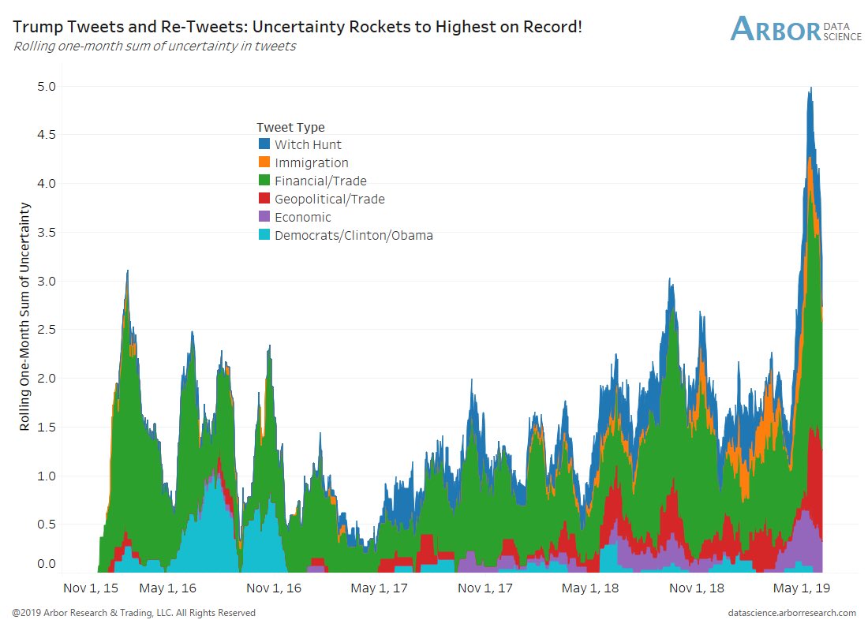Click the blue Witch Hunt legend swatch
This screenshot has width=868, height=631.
264,144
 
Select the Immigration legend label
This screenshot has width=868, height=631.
311,163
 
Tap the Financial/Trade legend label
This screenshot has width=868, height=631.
320,181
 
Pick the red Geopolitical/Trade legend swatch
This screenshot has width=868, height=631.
264,200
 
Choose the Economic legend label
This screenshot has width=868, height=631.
302,218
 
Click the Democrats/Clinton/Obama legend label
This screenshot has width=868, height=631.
354,235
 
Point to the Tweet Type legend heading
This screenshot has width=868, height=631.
290,127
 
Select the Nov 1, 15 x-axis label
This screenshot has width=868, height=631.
91,588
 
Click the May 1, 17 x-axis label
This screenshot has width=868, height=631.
380,588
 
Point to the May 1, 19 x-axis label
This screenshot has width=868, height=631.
803,588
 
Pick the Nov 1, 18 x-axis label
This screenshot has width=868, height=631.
698,588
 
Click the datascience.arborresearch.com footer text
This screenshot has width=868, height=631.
794,613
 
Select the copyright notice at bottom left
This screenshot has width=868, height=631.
133,613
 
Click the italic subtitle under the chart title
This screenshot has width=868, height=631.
155,46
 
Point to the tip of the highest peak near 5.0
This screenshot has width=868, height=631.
810,88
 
